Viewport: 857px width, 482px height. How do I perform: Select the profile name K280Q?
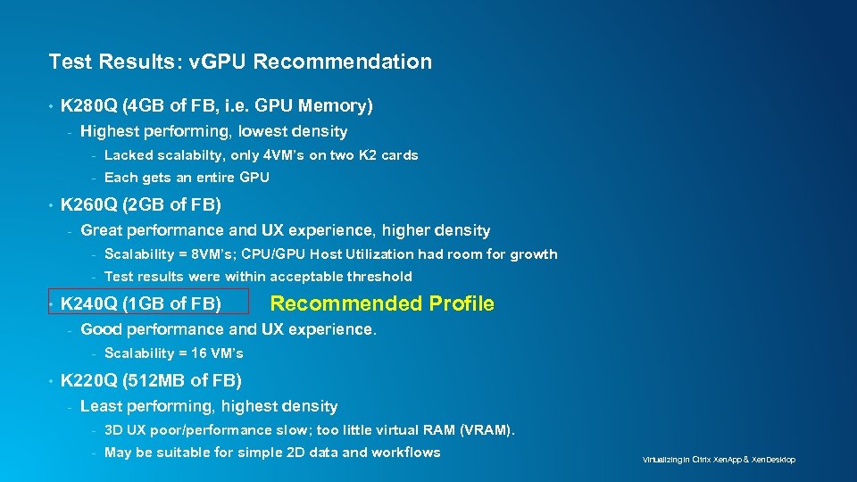tap(89, 106)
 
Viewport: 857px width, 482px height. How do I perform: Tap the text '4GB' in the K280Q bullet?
tap(147, 106)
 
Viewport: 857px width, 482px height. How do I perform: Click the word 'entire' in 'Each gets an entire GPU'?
tap(208, 178)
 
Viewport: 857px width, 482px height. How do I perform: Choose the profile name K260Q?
tap(89, 205)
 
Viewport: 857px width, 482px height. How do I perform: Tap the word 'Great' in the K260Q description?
tap(100, 231)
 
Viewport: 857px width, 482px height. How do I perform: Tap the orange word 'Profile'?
tap(461, 303)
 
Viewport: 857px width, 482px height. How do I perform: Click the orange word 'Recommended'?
tap(346, 303)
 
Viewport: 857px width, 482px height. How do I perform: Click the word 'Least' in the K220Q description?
tap(100, 407)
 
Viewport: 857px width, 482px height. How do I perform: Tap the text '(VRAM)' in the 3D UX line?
tap(487, 430)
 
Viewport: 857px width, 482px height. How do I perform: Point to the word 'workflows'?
tap(406, 453)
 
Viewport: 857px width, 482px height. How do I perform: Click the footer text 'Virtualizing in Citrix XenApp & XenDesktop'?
tap(719, 460)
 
